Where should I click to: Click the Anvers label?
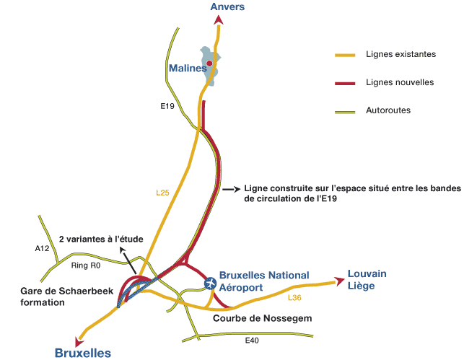click(228, 7)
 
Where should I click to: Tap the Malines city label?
click(187, 69)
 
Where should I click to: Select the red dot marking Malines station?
click(209, 63)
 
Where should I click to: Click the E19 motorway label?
click(167, 107)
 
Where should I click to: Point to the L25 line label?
click(162, 193)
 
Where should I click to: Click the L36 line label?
click(294, 297)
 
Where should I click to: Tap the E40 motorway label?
click(252, 340)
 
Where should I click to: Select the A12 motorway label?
click(41, 248)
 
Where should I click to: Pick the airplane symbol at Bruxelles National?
click(210, 282)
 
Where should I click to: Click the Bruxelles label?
click(83, 353)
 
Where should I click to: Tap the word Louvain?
click(367, 273)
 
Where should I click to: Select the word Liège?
click(362, 286)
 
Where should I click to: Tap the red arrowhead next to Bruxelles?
click(79, 341)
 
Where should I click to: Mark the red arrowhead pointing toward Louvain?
click(338, 279)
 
